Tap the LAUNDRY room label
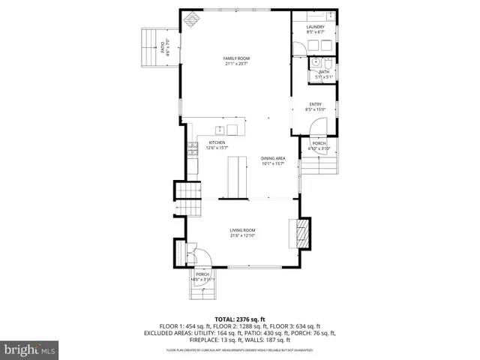pyautogui.click(x=315, y=29)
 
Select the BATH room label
pyautogui.click(x=323, y=73)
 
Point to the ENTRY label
pyautogui.click(x=315, y=106)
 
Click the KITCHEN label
pyautogui.click(x=217, y=145)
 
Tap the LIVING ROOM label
pyautogui.click(x=243, y=232)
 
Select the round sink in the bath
pyautogui.click(x=316, y=62)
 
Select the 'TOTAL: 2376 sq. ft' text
pyautogui.click(x=240, y=319)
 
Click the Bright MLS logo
pyautogui.click(x=30, y=349)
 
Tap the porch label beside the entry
pyautogui.click(x=319, y=145)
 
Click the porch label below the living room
pyautogui.click(x=202, y=276)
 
